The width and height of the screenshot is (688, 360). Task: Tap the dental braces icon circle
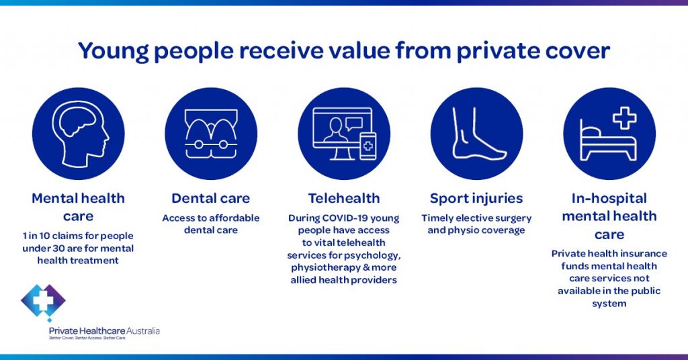[x=211, y=133]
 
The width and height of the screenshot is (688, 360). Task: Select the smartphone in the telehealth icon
[x=368, y=146]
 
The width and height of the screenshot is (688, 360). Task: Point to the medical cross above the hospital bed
[x=624, y=117]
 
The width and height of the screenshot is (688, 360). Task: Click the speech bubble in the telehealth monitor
[x=353, y=124]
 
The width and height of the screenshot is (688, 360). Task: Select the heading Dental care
[x=210, y=198]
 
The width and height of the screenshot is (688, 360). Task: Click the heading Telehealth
[x=344, y=198]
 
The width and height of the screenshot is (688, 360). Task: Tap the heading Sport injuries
[x=476, y=199]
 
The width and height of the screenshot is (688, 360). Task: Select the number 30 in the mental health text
[x=58, y=249]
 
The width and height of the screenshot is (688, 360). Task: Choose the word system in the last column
[x=609, y=304]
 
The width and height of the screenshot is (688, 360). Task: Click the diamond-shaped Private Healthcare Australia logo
[x=43, y=302]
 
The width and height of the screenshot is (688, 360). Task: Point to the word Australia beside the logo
[x=142, y=331]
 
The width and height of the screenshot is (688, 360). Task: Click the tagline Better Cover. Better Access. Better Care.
[x=88, y=339]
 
